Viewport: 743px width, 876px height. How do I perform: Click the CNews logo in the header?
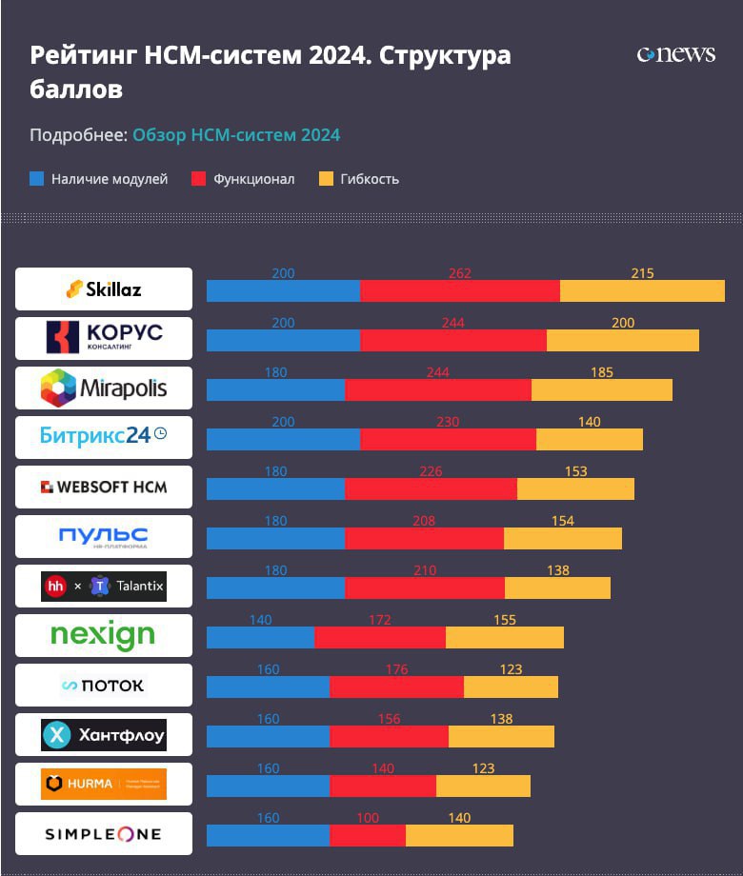point(675,54)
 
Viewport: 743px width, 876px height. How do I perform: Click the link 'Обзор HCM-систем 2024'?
point(236,135)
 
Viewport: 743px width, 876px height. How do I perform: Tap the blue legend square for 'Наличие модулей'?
point(37,178)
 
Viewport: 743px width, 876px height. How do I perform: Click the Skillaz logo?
point(104,289)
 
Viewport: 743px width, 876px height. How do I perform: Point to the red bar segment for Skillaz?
point(460,291)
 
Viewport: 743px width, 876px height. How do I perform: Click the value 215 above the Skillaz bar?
point(642,273)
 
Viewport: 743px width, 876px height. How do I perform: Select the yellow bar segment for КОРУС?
point(623,341)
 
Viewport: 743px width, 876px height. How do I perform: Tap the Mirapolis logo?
point(104,388)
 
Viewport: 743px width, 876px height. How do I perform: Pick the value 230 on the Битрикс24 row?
point(448,422)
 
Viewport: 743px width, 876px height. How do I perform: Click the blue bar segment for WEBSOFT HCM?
point(276,489)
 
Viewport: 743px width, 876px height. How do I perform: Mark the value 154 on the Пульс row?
point(563,521)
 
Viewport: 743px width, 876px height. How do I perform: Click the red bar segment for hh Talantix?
point(425,588)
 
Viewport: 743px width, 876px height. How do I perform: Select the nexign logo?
point(103,635)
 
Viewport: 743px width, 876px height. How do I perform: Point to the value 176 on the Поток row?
point(396,669)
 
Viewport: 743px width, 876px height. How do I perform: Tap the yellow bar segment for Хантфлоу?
point(501,737)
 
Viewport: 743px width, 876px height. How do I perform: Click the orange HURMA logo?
point(104,784)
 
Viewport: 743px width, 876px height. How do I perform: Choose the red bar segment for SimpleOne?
point(368,836)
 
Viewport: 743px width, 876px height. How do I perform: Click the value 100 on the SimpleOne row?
point(368,818)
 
